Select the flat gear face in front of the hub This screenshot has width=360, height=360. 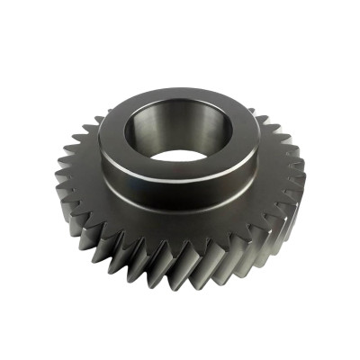(180, 230)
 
